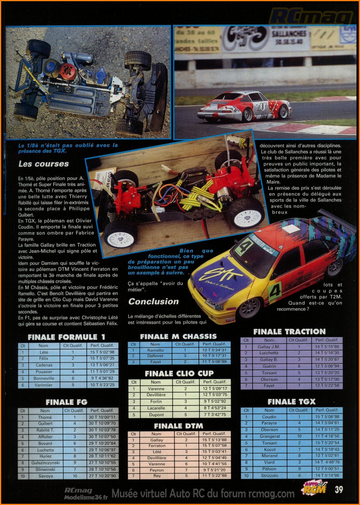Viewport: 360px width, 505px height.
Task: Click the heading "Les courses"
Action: click(44, 164)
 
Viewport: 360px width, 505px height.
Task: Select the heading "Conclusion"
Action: click(154, 301)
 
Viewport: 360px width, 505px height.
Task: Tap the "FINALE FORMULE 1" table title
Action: click(66, 337)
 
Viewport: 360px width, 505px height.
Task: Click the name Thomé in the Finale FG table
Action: click(45, 417)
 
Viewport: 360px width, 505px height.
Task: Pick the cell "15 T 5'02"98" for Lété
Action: click(102, 352)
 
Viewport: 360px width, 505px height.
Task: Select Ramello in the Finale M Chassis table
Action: click(155, 350)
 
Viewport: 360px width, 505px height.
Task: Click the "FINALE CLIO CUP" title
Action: click(179, 374)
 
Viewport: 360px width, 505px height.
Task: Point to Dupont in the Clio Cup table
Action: click(156, 415)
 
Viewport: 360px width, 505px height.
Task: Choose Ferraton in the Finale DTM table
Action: click(157, 446)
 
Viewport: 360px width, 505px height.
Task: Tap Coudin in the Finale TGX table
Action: click(269, 417)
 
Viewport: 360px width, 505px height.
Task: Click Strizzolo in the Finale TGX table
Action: click(269, 476)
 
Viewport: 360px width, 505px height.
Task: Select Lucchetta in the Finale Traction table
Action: click(269, 353)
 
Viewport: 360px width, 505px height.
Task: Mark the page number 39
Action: click(339, 489)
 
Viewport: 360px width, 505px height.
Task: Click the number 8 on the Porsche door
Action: click(262, 106)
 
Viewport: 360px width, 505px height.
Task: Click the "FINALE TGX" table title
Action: click(291, 402)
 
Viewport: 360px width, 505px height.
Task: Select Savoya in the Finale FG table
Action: click(46, 476)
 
